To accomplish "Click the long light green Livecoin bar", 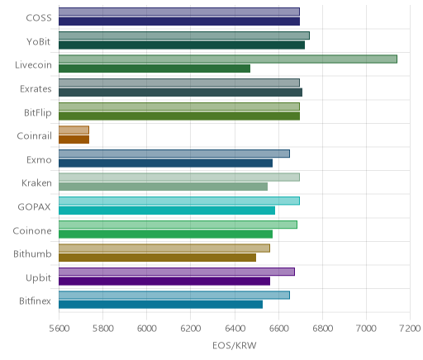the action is click(228, 59).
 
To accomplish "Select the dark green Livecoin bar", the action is click(154, 69).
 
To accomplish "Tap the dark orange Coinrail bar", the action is click(74, 140).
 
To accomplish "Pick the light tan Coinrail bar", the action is click(74, 130).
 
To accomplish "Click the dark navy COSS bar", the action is click(179, 21).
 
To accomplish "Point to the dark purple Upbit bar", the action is click(164, 282).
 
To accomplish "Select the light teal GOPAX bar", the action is click(179, 201).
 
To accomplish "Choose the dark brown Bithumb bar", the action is click(157, 258).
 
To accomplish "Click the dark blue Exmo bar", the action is click(165, 163).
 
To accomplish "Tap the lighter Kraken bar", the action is click(179, 177).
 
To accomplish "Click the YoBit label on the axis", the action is click(39, 42).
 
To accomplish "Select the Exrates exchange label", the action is click(36, 89).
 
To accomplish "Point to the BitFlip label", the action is click(38, 113).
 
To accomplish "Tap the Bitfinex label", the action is click(35, 301).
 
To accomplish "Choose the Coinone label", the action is click(32, 230).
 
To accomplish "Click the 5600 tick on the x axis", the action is click(59, 329).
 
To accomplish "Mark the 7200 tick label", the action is click(410, 329).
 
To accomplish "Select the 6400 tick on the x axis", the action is click(235, 329).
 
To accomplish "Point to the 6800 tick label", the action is click(323, 329).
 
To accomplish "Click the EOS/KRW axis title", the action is click(235, 345).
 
